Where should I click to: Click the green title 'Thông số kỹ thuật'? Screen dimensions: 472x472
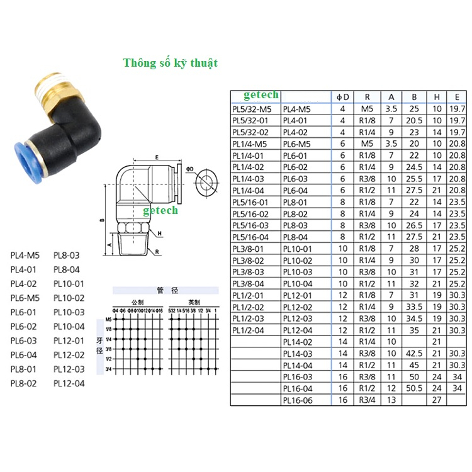tap(170, 63)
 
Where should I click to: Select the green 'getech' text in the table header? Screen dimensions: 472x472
tap(261, 95)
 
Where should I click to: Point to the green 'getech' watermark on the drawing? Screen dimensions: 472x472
tap(160, 210)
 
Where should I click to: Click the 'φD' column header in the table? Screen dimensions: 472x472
tap(342, 97)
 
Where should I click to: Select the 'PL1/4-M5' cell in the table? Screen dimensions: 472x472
tap(250, 143)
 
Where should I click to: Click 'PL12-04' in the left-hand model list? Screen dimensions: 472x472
tap(69, 383)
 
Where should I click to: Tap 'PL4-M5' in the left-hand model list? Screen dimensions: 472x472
tap(25, 256)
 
